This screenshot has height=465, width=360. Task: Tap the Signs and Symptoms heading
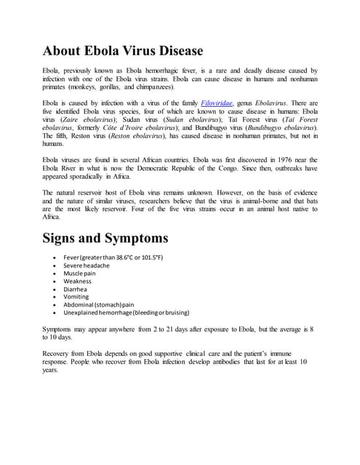tap(106, 238)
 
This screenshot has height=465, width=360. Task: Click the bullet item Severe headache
tap(87, 265)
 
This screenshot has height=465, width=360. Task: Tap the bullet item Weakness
tap(78, 281)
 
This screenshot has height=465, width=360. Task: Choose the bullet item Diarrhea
tap(76, 289)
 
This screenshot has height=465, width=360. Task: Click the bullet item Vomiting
tap(76, 297)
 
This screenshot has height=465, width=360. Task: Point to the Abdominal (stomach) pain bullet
tap(99, 305)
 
